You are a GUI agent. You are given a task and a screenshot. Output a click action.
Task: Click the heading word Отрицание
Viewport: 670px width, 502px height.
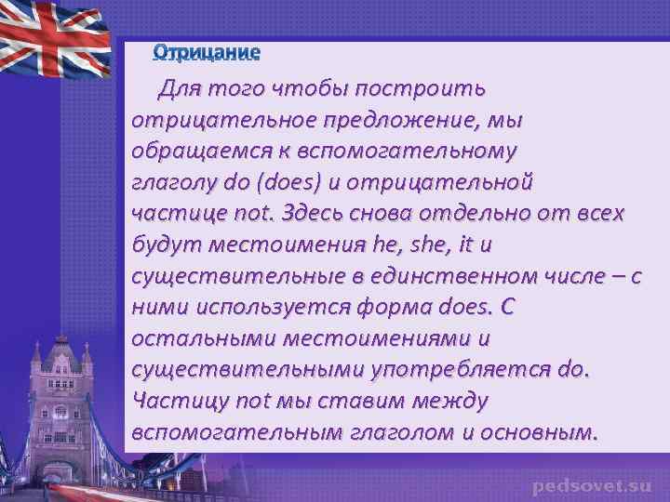(208, 51)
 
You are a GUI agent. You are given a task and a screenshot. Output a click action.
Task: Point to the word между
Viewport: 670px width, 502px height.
(453, 401)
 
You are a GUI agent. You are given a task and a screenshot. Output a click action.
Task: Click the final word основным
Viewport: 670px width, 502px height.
(535, 432)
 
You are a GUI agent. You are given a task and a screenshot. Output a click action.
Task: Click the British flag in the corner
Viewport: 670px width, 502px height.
(56, 42)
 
